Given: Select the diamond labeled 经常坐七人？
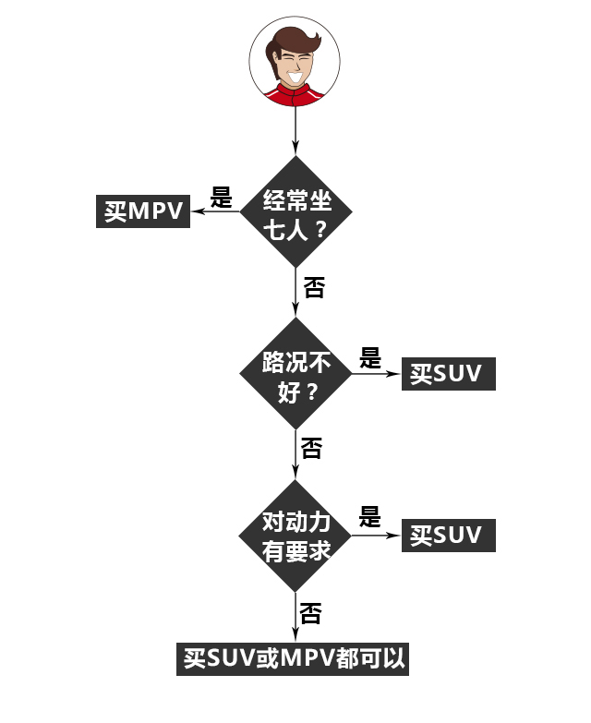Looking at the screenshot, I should [x=295, y=211].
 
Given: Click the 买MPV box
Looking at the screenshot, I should [x=143, y=211].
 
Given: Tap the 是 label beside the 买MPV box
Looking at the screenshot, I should [x=222, y=197].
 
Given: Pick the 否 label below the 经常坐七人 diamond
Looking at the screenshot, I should [x=314, y=288].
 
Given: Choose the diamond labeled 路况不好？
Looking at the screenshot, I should [x=295, y=373].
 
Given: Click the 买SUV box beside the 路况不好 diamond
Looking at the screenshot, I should [x=448, y=374].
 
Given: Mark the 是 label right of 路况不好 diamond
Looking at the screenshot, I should [x=369, y=358].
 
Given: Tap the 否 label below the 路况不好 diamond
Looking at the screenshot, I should [x=312, y=450].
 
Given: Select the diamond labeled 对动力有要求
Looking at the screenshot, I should [x=295, y=536].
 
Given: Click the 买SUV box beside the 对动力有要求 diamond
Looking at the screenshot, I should [x=448, y=536].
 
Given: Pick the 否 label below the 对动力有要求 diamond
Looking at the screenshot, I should [x=311, y=612].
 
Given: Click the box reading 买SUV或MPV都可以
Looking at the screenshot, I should [x=293, y=658].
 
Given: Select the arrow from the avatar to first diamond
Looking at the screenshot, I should [x=295, y=129].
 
